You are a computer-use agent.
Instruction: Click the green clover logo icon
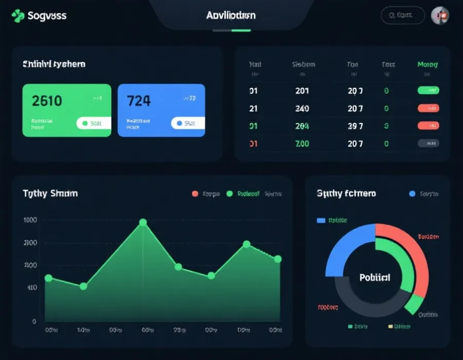pyautogui.click(x=17, y=15)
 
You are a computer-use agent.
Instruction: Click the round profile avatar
pyautogui.click(x=440, y=15)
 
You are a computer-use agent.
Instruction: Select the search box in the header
pyautogui.click(x=403, y=15)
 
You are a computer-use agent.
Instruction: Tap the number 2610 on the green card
pyautogui.click(x=47, y=100)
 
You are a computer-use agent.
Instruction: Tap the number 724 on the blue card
pyautogui.click(x=139, y=100)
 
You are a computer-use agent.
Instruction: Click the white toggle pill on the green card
pyautogui.click(x=93, y=123)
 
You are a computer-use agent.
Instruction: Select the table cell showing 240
pyautogui.click(x=302, y=109)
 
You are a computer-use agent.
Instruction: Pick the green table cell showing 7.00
pyautogui.click(x=302, y=144)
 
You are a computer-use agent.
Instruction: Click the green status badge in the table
pyautogui.click(x=428, y=91)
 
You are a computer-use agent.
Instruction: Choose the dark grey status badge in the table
pyautogui.click(x=428, y=143)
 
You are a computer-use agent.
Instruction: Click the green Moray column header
pyautogui.click(x=428, y=65)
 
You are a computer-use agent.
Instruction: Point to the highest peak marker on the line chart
pyautogui.click(x=143, y=223)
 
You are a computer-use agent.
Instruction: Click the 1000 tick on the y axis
pyautogui.click(x=30, y=220)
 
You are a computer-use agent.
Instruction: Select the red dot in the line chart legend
pyautogui.click(x=195, y=194)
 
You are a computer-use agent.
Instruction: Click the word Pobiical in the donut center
pyautogui.click(x=375, y=278)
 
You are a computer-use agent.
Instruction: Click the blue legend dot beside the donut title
pyautogui.click(x=412, y=194)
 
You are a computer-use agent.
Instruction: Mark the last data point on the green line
pyautogui.click(x=278, y=259)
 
